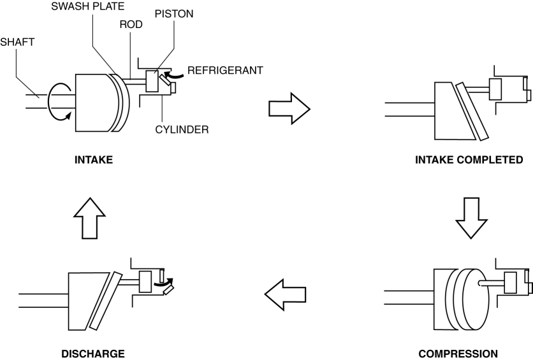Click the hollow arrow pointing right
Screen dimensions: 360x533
point(288,107)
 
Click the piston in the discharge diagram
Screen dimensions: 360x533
point(145,280)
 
